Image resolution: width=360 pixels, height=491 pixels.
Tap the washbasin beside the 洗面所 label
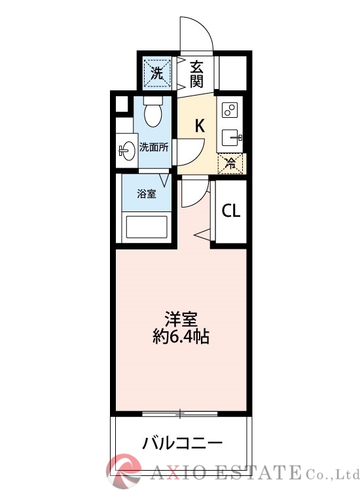pos(126,150)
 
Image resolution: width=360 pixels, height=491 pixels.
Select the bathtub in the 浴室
pos(147,228)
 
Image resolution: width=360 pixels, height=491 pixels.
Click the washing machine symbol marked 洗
pos(156,73)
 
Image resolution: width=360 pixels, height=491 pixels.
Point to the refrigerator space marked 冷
pos(231,163)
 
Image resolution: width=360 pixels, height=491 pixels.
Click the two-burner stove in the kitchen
pos(230,109)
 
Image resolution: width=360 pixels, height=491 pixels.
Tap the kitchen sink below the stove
pos(230,137)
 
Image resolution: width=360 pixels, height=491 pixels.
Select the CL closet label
pos(230,211)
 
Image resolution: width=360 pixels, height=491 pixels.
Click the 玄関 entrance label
pos(197,73)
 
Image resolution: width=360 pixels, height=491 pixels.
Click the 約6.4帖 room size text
pos(181,338)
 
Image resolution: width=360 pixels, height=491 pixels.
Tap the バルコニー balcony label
pos(183,443)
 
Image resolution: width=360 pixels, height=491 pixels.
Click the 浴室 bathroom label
pos(146,194)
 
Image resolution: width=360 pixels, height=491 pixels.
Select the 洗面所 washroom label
pos(154,147)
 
